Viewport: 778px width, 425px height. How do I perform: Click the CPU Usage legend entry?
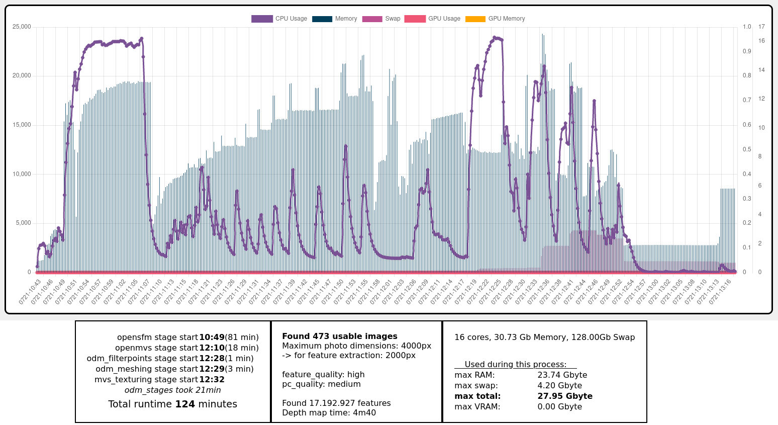(279, 19)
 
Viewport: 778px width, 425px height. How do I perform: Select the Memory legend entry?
(335, 19)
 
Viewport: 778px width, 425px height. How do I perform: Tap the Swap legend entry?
(381, 19)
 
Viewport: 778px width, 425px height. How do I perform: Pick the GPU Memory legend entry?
(496, 19)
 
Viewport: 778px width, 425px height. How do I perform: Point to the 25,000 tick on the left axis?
(22, 27)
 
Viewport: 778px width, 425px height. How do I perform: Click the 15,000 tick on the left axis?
(22, 125)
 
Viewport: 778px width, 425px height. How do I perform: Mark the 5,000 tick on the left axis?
(23, 223)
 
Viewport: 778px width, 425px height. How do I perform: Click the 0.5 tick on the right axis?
(747, 149)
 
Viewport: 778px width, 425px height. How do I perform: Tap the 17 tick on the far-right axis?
(761, 27)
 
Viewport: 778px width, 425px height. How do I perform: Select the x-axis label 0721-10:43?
(30, 293)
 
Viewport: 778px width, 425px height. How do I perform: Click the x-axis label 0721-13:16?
(722, 293)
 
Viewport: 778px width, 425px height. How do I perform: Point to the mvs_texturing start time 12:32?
(212, 380)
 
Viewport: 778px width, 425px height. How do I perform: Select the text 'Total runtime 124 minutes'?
(172, 404)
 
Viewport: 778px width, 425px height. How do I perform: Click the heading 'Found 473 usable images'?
(339, 336)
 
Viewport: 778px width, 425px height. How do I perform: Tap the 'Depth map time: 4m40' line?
(329, 413)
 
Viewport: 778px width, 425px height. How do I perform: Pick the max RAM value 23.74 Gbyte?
(562, 375)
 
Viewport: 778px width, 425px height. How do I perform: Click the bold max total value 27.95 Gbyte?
(565, 396)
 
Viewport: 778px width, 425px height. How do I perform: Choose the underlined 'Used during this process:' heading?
(515, 365)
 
